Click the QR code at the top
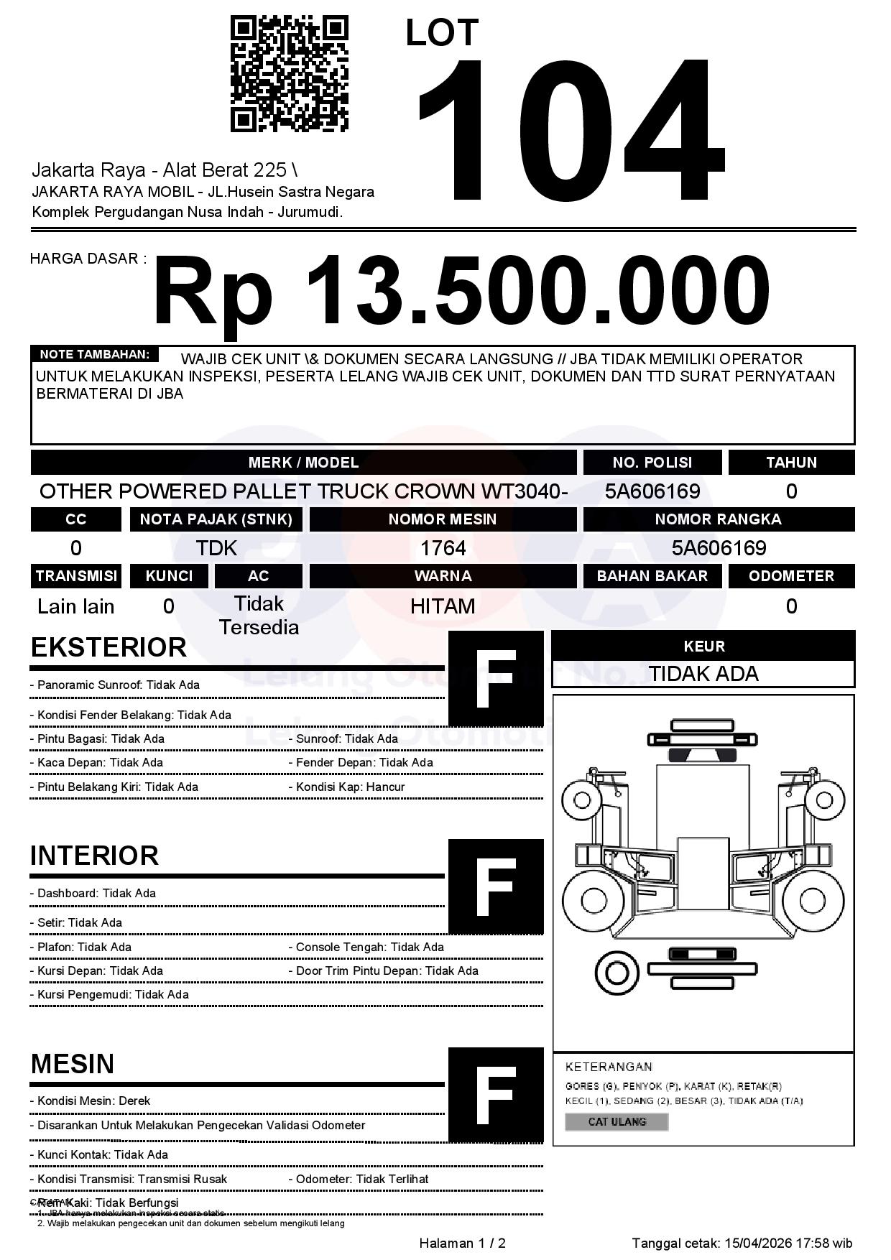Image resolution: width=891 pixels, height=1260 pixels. coord(289,75)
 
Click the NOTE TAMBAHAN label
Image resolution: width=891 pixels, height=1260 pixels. coord(94,354)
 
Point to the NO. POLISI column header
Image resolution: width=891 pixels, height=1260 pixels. coord(652,463)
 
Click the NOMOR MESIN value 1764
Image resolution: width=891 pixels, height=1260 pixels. coord(443,548)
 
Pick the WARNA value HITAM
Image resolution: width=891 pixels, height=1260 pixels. coord(443,606)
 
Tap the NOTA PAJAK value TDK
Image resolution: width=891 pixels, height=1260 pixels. coord(216,548)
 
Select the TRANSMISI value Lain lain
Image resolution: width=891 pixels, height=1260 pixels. coord(75,606)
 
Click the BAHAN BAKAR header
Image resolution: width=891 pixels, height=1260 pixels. coord(652,576)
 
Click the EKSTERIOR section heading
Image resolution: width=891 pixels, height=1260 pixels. coord(109,647)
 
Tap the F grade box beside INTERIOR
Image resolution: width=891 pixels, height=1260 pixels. coord(496,886)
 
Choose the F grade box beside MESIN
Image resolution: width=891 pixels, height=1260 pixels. coord(496,1094)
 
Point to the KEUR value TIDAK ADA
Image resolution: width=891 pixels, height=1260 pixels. coord(703,674)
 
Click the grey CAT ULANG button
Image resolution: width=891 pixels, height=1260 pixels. coord(617,1121)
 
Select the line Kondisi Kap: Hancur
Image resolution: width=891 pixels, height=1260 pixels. coord(350,787)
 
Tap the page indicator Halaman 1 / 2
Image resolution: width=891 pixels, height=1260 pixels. coord(462,1243)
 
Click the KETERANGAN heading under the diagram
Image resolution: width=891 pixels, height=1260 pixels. coord(609,1067)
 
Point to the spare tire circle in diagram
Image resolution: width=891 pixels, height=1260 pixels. coord(617,973)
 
